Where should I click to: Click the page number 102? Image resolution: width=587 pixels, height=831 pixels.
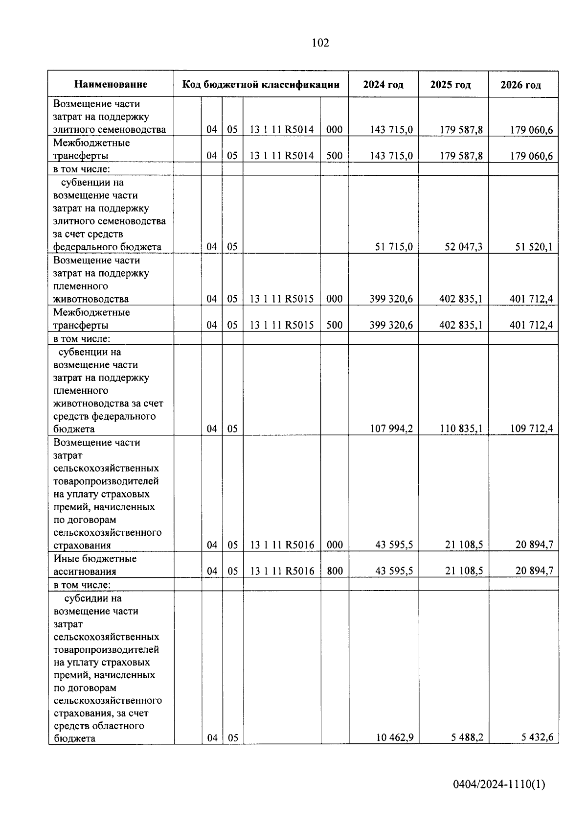[x=320, y=43]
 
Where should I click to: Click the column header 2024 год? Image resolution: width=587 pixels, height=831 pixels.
[x=383, y=85]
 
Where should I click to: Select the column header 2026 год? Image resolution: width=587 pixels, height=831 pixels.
[x=520, y=85]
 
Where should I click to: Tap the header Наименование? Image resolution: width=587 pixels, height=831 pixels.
[x=111, y=84]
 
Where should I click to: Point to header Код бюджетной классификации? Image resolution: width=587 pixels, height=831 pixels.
[x=261, y=84]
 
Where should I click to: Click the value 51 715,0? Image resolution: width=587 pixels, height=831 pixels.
[x=394, y=247]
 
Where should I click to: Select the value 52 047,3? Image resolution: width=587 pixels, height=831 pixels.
[x=463, y=247]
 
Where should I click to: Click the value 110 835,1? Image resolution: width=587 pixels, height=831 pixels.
[x=461, y=429]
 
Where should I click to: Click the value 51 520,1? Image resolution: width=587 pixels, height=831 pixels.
[x=534, y=247]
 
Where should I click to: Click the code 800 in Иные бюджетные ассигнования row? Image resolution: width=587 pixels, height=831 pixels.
[x=335, y=571]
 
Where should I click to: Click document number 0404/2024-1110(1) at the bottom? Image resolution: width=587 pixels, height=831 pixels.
[x=499, y=784]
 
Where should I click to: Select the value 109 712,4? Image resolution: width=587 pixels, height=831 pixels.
[x=531, y=429]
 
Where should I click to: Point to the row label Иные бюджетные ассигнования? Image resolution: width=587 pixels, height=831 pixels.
[x=95, y=565]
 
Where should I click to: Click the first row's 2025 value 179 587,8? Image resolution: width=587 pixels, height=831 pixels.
[x=461, y=130]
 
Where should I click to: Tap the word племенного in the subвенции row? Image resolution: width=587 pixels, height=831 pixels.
[x=80, y=391]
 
